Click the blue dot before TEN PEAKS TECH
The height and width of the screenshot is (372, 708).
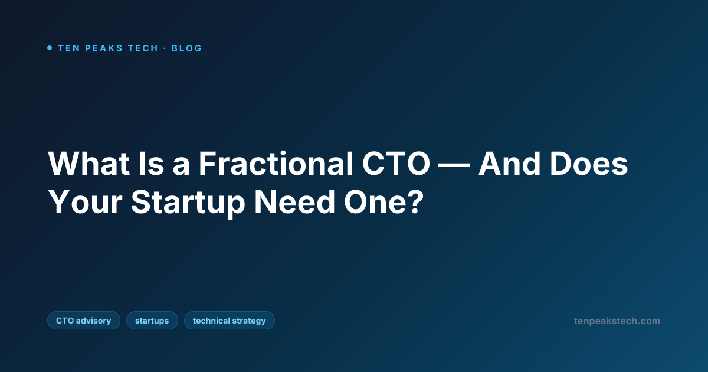point(50,48)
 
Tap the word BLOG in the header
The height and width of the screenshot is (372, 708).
point(186,48)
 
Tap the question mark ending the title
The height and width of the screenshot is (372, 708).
point(417,203)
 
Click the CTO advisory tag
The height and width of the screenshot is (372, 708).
point(84,321)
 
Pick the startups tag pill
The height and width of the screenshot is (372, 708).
point(152,321)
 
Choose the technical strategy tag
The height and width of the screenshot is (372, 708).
point(229,321)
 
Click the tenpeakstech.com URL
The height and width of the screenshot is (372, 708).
point(617,321)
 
